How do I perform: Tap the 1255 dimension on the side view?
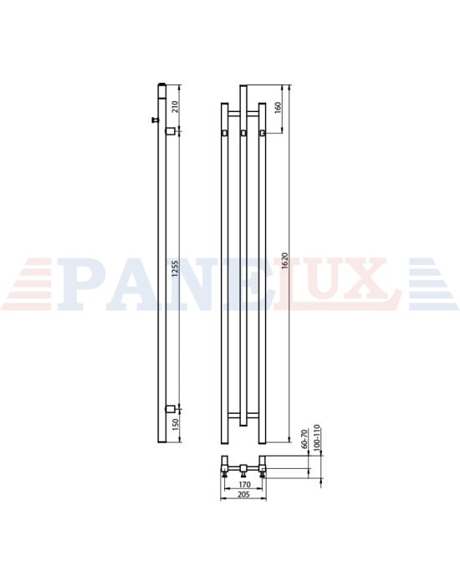point(176,269)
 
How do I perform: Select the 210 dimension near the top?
point(175,106)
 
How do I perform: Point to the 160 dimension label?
point(278,108)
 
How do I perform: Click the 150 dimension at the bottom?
point(175,424)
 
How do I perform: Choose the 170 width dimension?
point(244,484)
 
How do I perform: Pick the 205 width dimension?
point(244,495)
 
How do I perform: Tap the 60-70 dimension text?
point(304,440)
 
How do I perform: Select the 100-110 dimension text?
point(316,438)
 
